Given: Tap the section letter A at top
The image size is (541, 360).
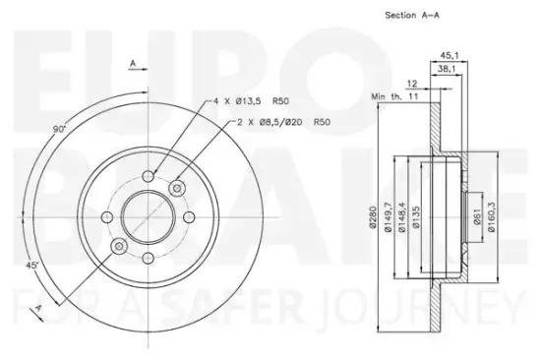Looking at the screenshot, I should pos(132,65).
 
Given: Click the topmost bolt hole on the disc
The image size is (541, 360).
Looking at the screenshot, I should pos(148,175).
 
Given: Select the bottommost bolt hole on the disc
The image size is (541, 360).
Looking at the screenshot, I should pos(148,258).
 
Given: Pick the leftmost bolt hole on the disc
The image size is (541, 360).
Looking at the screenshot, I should pos(106,216).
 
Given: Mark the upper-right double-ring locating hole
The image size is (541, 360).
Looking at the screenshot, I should pos(177,187).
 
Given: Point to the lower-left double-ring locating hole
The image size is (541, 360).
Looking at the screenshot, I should pos(118,246).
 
